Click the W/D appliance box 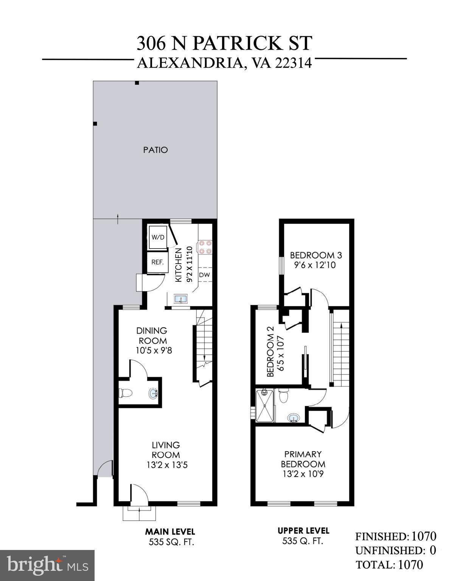(x=158, y=238)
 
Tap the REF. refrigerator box (x=157, y=262)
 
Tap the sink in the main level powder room (x=153, y=393)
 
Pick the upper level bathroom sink (x=294, y=418)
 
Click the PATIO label (x=155, y=150)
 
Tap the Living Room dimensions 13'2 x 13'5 (x=167, y=465)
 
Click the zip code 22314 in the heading (x=293, y=63)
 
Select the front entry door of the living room (x=137, y=495)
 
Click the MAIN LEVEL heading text (x=170, y=531)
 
